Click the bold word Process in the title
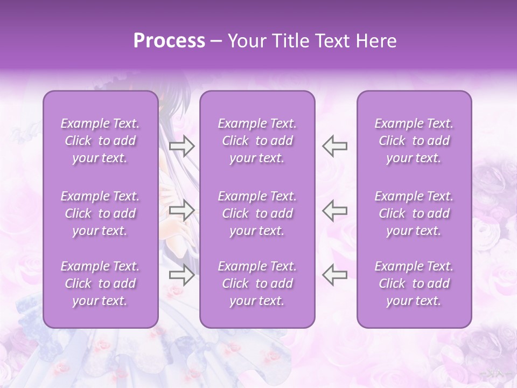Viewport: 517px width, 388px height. click(169, 41)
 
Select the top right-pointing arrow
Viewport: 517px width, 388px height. click(181, 146)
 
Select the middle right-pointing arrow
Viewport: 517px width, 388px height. click(181, 210)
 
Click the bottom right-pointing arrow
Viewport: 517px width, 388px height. click(181, 275)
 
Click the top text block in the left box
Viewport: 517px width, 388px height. click(100, 141)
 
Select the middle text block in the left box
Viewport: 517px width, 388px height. click(100, 213)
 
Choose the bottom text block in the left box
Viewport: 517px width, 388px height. click(100, 283)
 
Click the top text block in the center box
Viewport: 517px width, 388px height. click(257, 141)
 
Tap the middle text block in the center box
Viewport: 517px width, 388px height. click(257, 213)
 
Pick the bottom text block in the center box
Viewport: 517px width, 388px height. click(257, 283)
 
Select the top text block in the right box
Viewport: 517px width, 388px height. click(414, 141)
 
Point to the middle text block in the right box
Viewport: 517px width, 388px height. click(414, 213)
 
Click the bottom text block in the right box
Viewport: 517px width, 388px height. click(414, 283)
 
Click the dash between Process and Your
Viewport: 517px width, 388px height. click(216, 41)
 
